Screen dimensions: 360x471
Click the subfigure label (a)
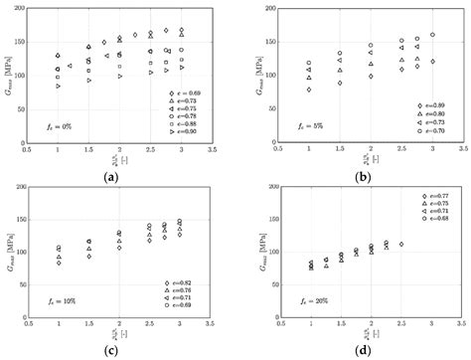click(112, 175)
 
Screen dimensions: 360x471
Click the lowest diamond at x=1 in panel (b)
click(308, 90)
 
